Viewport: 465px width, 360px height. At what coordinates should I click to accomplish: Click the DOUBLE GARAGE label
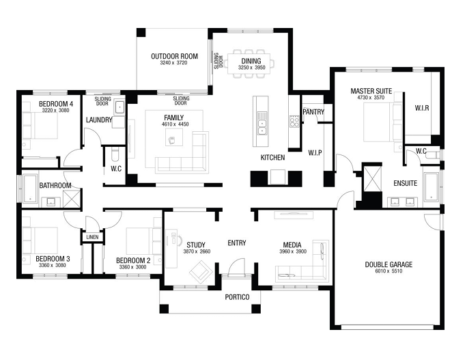pyautogui.click(x=389, y=264)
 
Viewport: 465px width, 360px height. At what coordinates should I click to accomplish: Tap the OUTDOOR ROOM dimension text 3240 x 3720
pyautogui.click(x=173, y=63)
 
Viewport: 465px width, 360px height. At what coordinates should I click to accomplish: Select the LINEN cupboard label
pyautogui.click(x=92, y=237)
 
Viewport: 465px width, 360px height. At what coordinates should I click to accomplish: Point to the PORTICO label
pyautogui.click(x=237, y=297)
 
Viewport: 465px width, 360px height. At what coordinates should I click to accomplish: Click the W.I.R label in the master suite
pyautogui.click(x=422, y=108)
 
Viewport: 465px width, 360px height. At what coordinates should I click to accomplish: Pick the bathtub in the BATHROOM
pyautogui.click(x=30, y=189)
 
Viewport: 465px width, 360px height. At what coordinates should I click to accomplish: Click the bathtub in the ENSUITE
pyautogui.click(x=431, y=186)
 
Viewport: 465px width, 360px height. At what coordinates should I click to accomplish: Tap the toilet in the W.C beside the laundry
pyautogui.click(x=114, y=155)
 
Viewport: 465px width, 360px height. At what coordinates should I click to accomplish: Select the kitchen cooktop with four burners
pyautogui.click(x=294, y=121)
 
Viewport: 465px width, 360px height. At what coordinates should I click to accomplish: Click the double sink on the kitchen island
pyautogui.click(x=262, y=127)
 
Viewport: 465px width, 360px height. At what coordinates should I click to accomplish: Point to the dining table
pyautogui.click(x=249, y=64)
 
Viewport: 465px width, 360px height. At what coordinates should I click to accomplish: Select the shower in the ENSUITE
pyautogui.click(x=372, y=179)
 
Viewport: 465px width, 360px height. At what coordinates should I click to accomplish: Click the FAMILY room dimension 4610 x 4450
pyautogui.click(x=175, y=124)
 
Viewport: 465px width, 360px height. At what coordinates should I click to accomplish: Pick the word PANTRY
pyautogui.click(x=313, y=112)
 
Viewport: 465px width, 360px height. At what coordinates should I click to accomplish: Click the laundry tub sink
pyautogui.click(x=119, y=107)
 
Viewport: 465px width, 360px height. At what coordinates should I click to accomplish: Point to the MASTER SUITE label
pyautogui.click(x=371, y=91)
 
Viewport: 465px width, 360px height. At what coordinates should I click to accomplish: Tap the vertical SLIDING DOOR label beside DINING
pyautogui.click(x=219, y=61)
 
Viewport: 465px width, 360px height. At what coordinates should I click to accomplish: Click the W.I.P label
pyautogui.click(x=315, y=153)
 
